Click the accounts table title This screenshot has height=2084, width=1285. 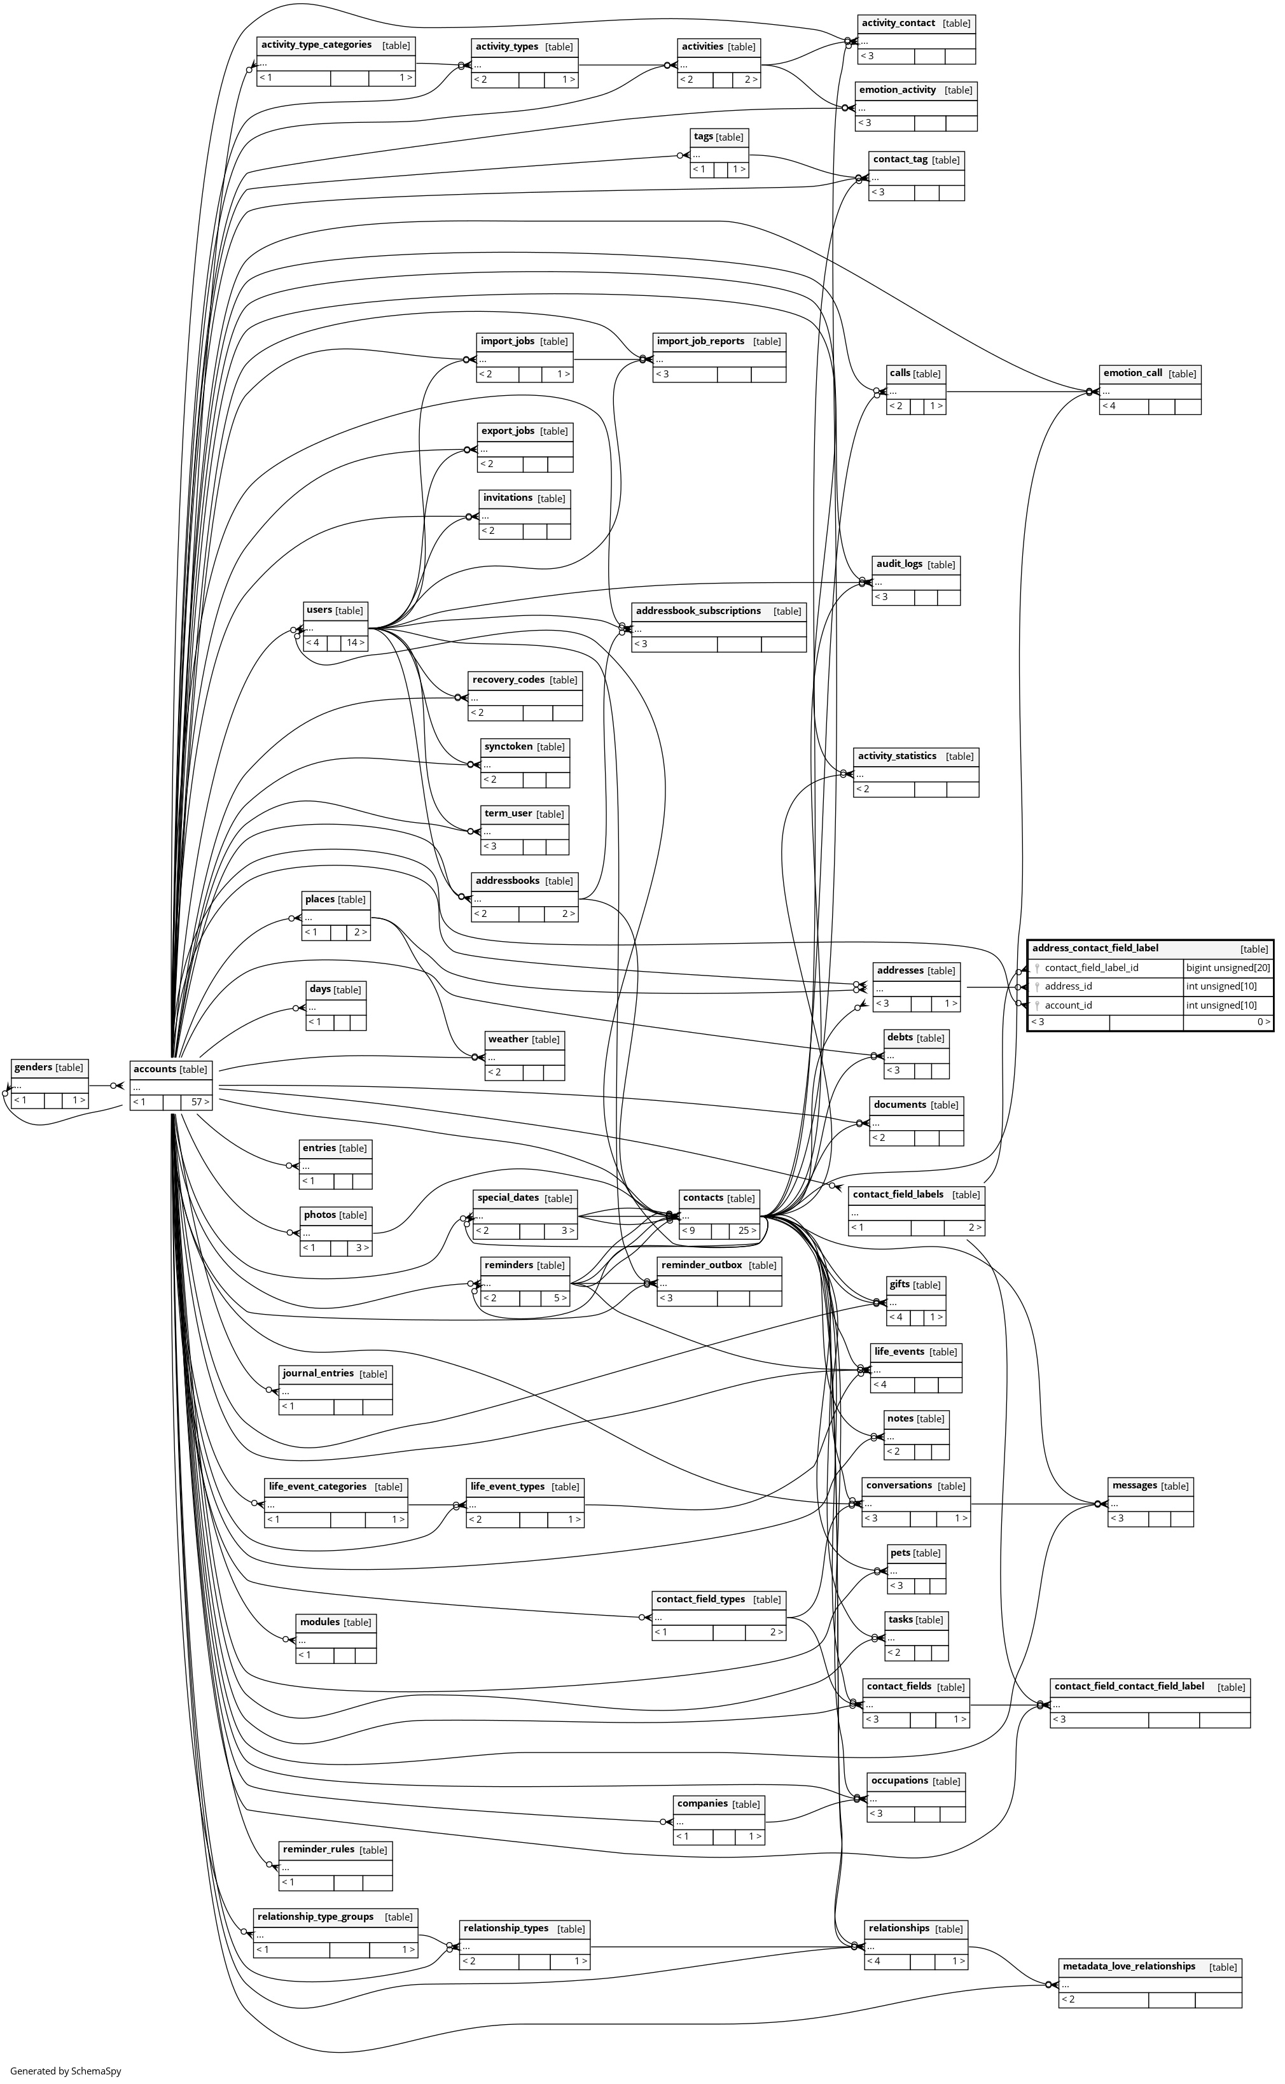click(155, 1068)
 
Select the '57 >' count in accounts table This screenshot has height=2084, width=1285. click(200, 1102)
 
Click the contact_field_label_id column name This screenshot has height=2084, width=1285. click(1091, 967)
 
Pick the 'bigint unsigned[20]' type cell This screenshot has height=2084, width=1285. click(1227, 967)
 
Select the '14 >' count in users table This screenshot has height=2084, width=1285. click(355, 643)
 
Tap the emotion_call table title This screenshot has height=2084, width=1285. click(1132, 372)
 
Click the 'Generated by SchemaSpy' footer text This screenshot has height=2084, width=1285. click(66, 2071)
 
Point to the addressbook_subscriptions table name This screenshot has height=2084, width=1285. click(698, 610)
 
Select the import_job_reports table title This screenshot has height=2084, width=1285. click(700, 341)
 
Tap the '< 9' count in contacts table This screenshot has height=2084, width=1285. click(688, 1231)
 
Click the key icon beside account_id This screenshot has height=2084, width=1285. click(1037, 1005)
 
